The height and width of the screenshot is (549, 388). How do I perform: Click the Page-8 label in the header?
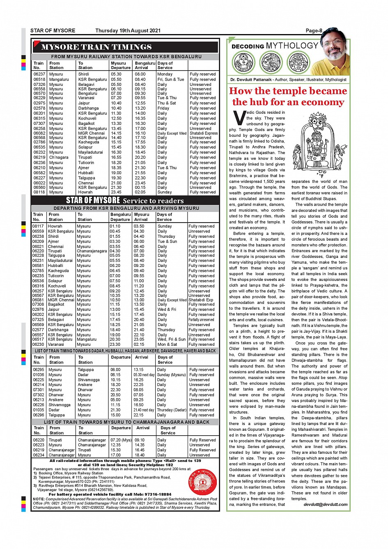point(314,30)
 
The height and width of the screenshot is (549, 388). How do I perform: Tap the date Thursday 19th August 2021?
point(128,30)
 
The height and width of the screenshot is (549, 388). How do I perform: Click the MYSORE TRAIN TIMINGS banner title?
point(96,47)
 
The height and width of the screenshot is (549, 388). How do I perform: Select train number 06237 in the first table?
point(39,74)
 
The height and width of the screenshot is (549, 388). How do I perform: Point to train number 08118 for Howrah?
point(39,192)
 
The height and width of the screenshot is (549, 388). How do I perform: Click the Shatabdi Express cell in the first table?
point(204,133)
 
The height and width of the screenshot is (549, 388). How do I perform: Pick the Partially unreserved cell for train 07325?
point(201,319)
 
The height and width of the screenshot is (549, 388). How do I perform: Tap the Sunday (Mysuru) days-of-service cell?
point(172,374)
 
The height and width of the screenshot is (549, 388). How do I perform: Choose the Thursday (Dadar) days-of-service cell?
point(172,410)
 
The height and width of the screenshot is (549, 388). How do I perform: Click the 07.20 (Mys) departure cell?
point(121,440)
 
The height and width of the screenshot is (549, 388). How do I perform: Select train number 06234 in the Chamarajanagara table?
point(39,455)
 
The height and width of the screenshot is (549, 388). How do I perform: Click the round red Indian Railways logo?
point(202,482)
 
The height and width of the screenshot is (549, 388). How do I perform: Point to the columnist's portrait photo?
point(334,51)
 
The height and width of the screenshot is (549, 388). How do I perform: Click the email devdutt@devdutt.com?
point(326,504)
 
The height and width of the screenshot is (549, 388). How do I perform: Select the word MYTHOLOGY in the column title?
point(292,46)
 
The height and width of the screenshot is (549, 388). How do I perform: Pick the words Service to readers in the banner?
point(153,201)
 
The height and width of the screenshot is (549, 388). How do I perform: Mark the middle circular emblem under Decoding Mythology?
point(271,63)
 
